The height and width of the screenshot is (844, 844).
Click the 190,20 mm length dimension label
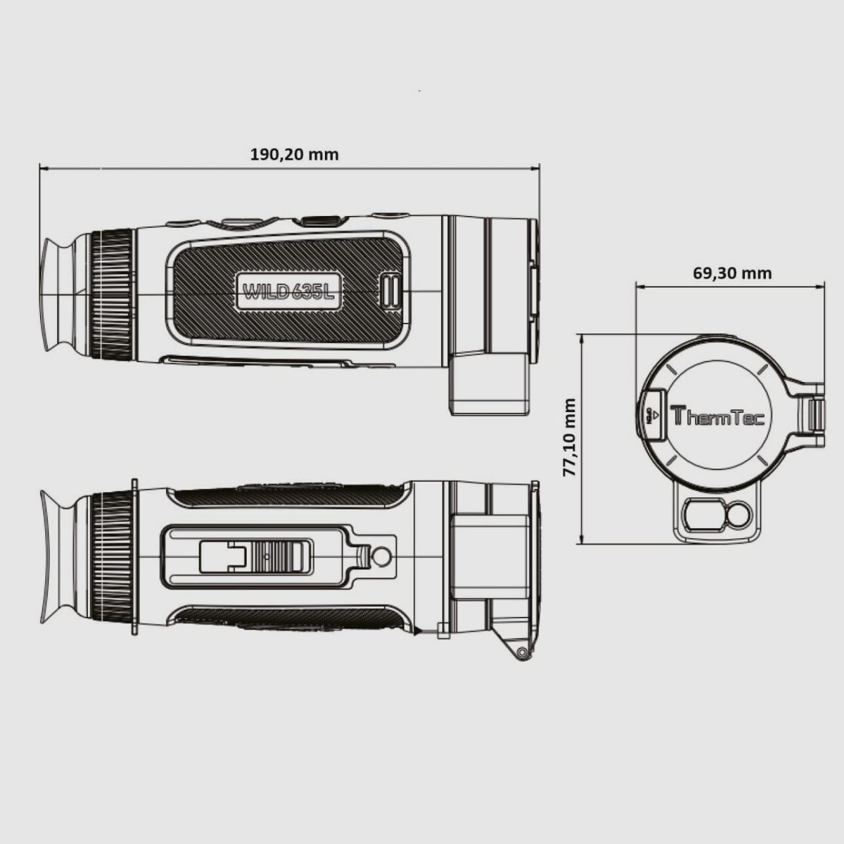point(294,154)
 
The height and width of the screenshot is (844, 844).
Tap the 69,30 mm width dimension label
point(731,273)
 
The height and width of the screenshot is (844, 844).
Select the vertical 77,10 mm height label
point(570,437)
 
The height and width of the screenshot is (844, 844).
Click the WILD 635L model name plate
point(288,291)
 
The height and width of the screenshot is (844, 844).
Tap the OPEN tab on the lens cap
point(653,415)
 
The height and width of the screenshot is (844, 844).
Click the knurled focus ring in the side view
point(112,293)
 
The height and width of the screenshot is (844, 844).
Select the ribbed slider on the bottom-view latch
point(279,556)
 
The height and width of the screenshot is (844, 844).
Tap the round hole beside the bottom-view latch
point(381,557)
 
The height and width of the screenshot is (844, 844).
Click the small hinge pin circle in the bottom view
point(521,653)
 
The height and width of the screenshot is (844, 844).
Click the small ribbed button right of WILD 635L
point(390,290)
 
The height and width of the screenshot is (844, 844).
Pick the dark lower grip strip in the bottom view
point(288,618)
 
